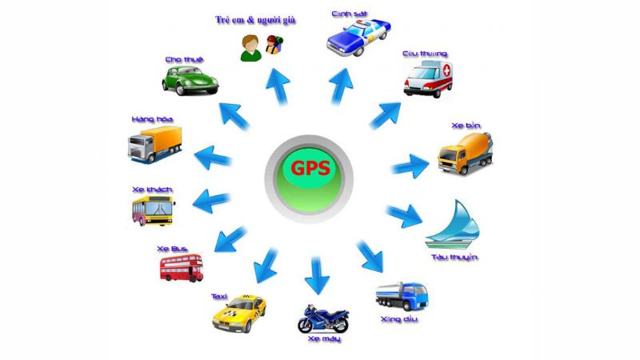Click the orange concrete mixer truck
tap(466, 152)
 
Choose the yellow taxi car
tap(238, 314)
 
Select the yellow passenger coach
tap(153, 210)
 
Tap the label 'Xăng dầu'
tap(398, 320)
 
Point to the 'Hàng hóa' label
tap(152, 118)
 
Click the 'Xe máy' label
tap(324, 341)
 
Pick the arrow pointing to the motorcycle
tap(317, 276)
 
